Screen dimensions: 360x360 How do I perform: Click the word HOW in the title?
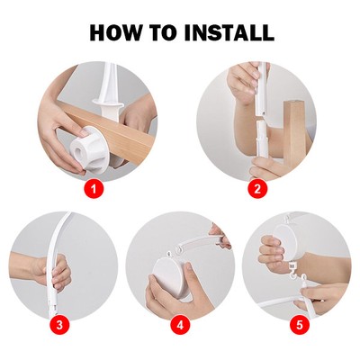(113, 32)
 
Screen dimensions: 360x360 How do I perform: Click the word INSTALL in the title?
(229, 32)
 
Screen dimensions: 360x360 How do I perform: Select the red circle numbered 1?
(94, 189)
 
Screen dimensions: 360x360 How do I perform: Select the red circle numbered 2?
(257, 189)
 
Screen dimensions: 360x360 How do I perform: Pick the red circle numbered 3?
(59, 325)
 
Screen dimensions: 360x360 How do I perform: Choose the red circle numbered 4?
(180, 325)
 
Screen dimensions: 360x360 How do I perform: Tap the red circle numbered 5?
(300, 325)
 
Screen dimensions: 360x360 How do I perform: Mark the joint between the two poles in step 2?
(262, 118)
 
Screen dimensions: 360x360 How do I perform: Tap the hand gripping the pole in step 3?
(57, 273)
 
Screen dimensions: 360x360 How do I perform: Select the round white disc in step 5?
(286, 240)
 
